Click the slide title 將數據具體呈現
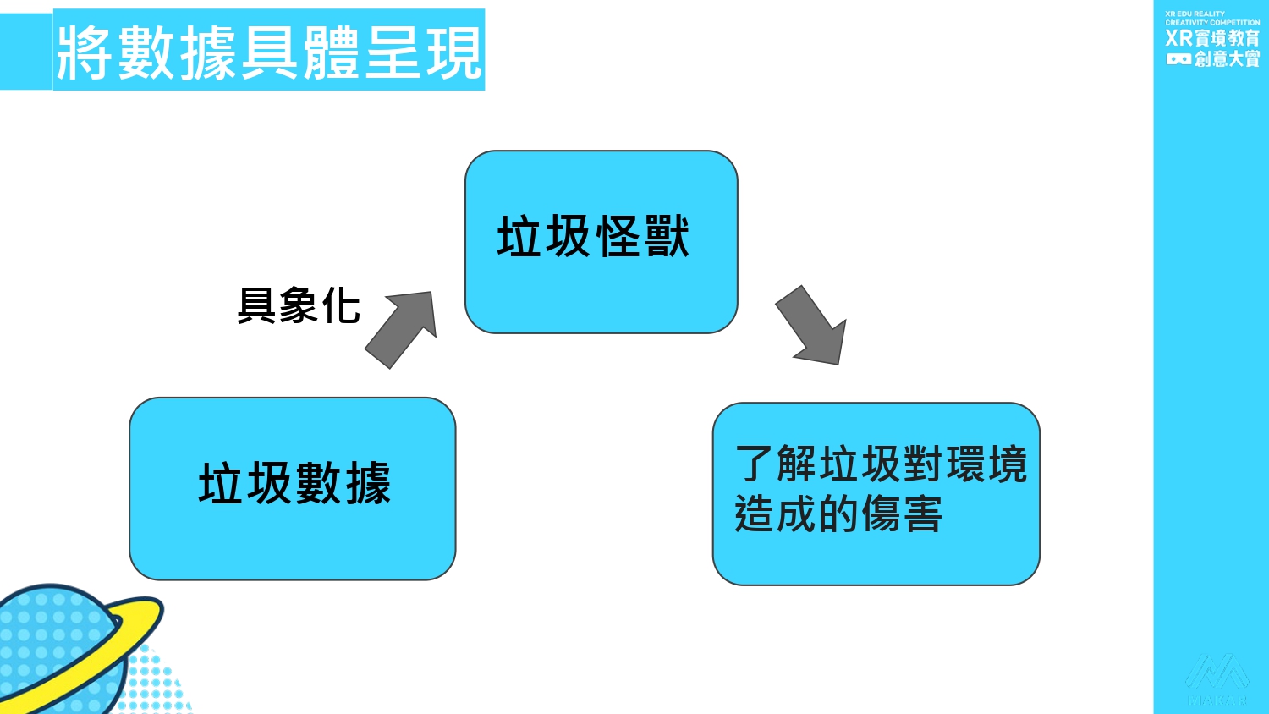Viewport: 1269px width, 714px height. coord(269,51)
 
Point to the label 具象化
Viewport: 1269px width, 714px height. coord(299,306)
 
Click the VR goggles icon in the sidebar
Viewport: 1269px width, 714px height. coord(1178,59)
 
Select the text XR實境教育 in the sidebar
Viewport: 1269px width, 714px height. coord(1212,38)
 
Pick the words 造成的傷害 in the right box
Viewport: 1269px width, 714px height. coord(838,514)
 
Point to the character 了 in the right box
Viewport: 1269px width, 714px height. coord(753,464)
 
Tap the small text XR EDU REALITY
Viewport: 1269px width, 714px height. coord(1195,14)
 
